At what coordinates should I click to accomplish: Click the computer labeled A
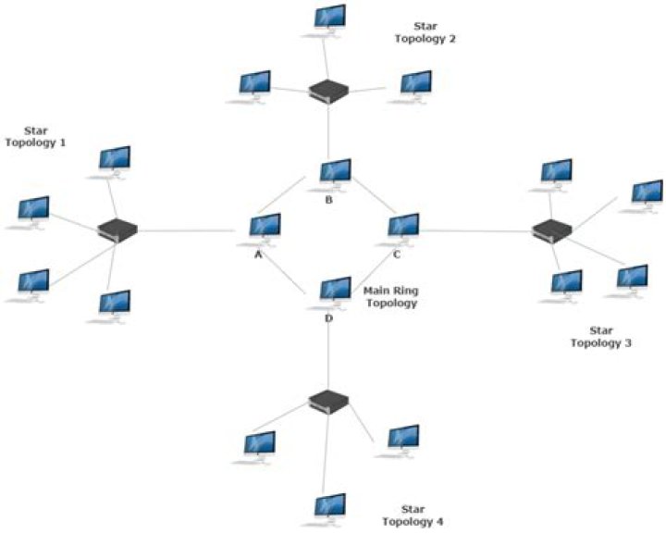coord(265,228)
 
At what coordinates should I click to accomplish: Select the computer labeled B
coord(334,173)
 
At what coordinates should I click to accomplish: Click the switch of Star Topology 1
coord(117,230)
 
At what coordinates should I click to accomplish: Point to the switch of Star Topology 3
coord(553,230)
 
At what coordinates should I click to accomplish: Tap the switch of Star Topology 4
coord(328,401)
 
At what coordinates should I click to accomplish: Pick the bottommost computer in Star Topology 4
coord(329,508)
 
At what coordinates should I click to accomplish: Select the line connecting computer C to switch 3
coord(476,230)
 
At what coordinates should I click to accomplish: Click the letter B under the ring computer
coord(327,199)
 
